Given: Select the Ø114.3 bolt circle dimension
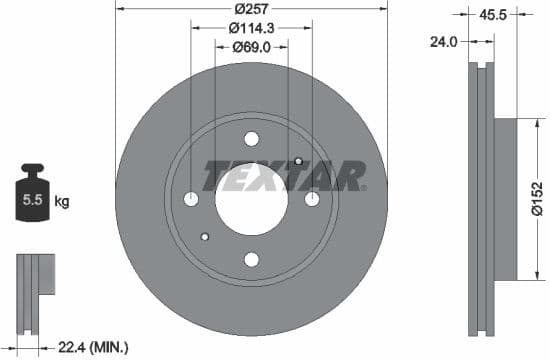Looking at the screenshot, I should point(251,29).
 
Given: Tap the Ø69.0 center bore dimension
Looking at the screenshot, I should point(251,46).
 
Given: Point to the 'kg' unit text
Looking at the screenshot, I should point(62,202).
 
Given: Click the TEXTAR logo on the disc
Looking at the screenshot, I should point(284,176).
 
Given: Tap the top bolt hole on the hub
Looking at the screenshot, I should point(251,139).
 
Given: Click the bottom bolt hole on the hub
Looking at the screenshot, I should point(251,260).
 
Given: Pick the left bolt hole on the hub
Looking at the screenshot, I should point(191,200).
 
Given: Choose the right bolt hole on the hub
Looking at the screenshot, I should point(312,200).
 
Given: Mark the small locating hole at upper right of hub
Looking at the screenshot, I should point(298,162).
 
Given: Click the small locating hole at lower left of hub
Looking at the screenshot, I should point(205,237).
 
